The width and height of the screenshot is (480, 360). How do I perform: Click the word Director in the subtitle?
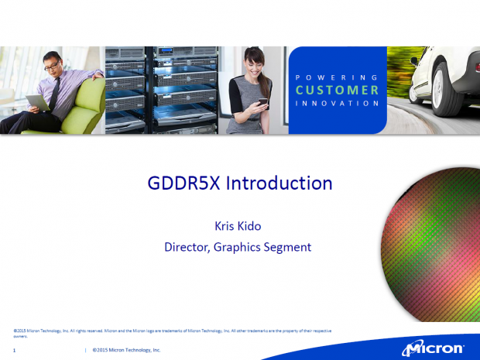[188, 248]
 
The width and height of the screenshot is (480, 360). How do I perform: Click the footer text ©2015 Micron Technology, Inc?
[126, 351]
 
